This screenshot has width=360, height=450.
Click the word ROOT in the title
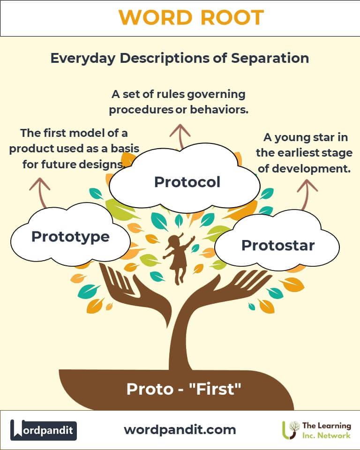[232, 17]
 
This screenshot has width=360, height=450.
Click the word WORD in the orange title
[155, 17]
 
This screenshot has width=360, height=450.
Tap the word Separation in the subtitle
[270, 58]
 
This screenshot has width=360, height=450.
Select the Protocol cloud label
[187, 182]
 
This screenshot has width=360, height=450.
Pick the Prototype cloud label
[71, 237]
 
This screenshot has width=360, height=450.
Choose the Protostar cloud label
[278, 245]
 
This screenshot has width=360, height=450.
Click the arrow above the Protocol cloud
[180, 136]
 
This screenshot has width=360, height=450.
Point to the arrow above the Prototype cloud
[40, 192]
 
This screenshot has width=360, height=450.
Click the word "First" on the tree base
[215, 389]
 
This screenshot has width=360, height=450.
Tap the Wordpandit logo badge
[43, 430]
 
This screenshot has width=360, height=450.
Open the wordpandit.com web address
[180, 430]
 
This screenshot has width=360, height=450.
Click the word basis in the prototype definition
[125, 149]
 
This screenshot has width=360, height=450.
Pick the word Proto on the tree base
[150, 390]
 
